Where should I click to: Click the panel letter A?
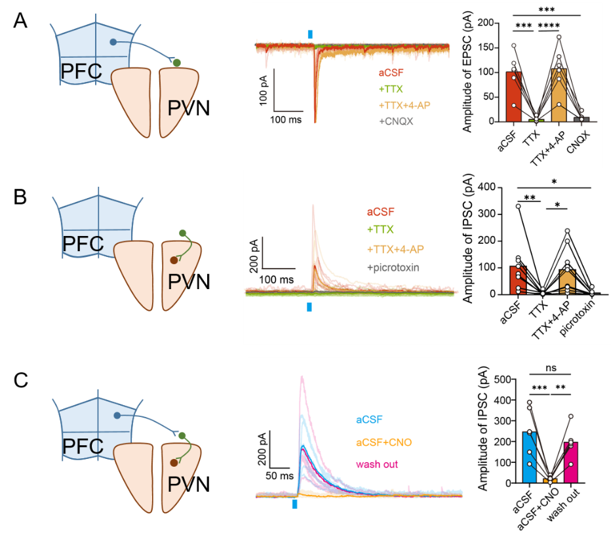coord(20,20)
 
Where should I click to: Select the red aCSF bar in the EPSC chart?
coord(513,96)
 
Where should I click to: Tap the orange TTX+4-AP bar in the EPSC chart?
coord(559,95)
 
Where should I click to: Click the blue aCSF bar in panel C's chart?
coord(529,458)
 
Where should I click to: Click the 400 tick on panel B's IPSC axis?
coord(487,187)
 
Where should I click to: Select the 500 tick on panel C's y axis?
coord(503,380)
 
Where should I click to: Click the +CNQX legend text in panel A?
coord(396,121)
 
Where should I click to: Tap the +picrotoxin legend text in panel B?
coord(393,267)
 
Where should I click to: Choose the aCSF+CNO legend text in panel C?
coord(384,443)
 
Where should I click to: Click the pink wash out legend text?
coord(377,464)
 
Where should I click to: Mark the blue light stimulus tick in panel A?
coord(310,34)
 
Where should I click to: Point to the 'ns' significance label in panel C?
coord(551,368)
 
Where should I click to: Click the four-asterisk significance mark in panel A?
coord(549,26)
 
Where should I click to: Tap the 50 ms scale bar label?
coord(279,476)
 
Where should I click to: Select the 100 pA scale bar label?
coord(264,90)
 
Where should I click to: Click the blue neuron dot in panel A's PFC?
coord(113,42)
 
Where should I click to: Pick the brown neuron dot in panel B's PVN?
coord(174,260)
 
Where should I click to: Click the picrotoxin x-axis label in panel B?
coord(578,317)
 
